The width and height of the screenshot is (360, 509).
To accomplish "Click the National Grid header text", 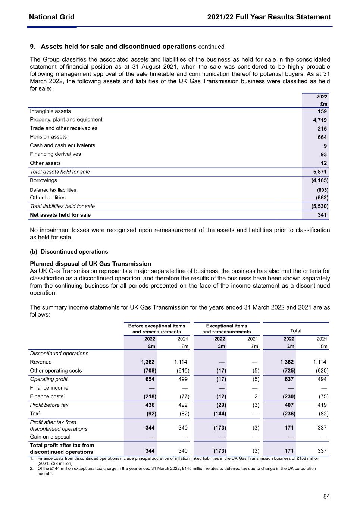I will point(51,17).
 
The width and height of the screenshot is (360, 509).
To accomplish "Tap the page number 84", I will point(326,496).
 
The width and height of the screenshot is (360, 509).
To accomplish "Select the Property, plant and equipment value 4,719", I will point(320,120).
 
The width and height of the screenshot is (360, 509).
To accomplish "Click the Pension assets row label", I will point(48,137).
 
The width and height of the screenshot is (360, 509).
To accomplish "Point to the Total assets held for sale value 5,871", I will point(320,172).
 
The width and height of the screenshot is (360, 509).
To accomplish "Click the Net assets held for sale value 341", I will point(322,215).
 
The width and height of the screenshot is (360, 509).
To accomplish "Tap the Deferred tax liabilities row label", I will point(53,190).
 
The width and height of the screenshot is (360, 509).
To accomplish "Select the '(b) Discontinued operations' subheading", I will point(69,252).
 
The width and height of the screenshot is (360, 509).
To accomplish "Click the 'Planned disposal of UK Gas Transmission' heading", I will point(90,264).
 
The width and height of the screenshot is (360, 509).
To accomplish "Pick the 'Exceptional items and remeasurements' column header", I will point(226,329).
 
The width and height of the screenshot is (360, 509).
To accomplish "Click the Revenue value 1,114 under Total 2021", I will point(320,362).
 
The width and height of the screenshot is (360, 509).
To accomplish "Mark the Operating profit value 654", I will point(150,379).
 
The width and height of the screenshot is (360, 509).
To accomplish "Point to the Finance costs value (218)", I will point(150,396).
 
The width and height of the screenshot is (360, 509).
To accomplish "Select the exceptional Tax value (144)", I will point(220,414).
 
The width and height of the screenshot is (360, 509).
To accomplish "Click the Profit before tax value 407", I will point(289,405).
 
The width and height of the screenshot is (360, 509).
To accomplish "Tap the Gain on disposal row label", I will point(50,437).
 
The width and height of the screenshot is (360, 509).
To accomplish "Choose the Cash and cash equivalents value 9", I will point(325,146).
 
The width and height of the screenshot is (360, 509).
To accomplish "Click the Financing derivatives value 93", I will point(323,154).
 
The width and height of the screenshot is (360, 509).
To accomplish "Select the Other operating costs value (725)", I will point(289,371).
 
